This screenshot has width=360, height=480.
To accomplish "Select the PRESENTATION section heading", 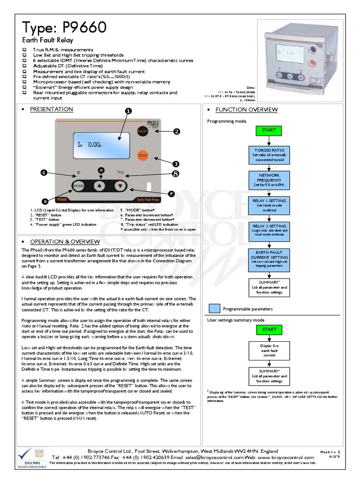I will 52,109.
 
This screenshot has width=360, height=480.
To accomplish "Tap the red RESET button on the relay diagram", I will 142,132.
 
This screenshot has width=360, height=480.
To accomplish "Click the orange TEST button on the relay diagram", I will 142,155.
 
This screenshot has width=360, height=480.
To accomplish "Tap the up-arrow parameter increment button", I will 99,186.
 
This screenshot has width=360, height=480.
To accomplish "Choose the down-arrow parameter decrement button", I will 120,186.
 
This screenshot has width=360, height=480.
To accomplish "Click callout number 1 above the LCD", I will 128,111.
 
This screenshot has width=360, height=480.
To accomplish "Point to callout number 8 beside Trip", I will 175,174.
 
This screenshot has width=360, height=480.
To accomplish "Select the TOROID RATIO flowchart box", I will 269,155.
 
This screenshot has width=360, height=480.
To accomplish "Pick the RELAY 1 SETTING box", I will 269,205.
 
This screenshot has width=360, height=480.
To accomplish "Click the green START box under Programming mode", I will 269,130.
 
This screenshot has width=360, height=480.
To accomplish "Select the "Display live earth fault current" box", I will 269,350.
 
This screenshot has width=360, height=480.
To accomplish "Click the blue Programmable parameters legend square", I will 214,308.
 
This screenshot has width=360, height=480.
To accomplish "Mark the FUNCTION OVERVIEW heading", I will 247,110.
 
